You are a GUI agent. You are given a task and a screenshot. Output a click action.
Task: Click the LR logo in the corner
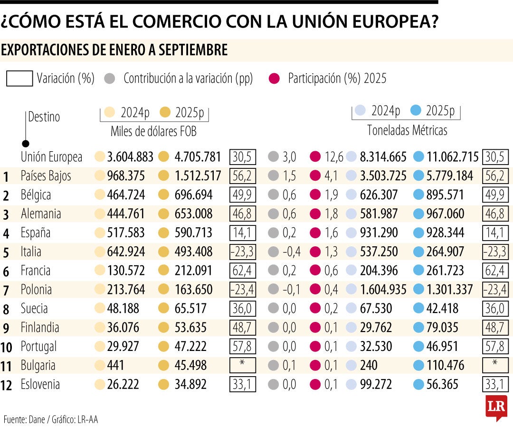click(496, 407)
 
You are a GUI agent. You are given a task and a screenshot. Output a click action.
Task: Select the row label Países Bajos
click(46, 176)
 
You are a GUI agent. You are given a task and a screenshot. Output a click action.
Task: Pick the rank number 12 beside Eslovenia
click(7, 385)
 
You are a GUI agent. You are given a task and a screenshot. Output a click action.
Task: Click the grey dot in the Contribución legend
click(110, 78)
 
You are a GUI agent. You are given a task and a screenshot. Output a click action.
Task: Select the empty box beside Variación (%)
click(19, 78)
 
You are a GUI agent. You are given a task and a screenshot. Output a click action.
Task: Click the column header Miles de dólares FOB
click(153, 131)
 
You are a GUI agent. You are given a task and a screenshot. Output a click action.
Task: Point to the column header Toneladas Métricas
click(407, 130)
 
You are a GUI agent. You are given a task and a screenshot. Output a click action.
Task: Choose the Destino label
click(44, 117)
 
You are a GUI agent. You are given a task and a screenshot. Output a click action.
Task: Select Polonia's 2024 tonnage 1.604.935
click(383, 290)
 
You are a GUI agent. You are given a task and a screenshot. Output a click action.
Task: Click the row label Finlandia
click(40, 328)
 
